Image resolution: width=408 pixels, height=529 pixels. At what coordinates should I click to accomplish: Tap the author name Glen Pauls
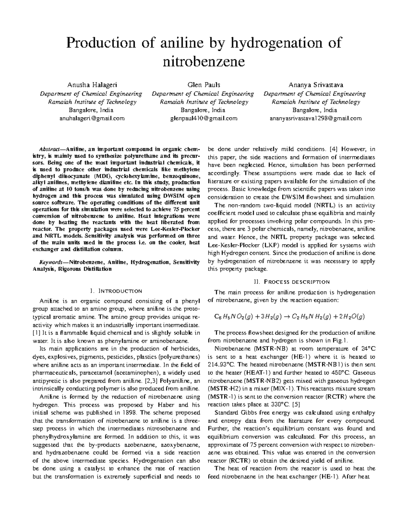pyautogui.click(x=203, y=84)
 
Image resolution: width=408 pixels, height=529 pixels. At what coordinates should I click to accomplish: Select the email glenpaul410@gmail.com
pyautogui.click(x=203, y=119)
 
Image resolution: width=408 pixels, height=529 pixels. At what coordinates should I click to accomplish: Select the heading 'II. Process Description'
pyautogui.click(x=291, y=282)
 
